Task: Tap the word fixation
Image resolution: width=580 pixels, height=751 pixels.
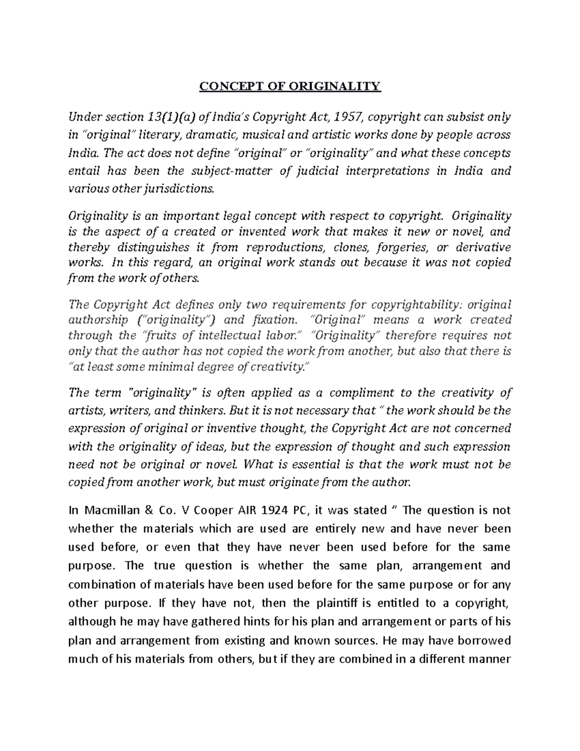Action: click(275, 320)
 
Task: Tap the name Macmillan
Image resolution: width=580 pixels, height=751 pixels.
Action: click(104, 510)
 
